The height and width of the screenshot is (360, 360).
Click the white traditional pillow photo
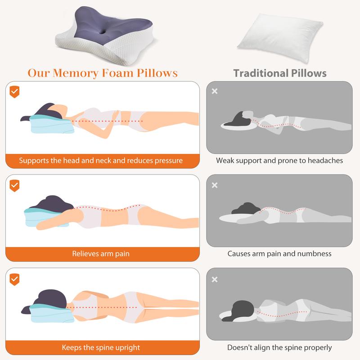(x=280, y=38)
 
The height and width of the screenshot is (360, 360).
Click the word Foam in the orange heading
(x=117, y=73)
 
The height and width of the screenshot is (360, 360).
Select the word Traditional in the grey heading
(x=261, y=73)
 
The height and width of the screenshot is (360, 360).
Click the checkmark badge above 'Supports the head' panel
(x=14, y=92)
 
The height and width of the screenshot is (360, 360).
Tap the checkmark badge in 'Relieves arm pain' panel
(x=14, y=185)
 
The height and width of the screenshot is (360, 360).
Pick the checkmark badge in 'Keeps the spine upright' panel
(x=14, y=279)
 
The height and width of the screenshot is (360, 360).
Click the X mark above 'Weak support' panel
(x=215, y=91)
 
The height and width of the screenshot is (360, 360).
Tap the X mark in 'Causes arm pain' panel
(x=215, y=185)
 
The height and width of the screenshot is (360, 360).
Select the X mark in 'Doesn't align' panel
(x=215, y=279)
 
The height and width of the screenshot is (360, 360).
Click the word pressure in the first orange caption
(x=168, y=161)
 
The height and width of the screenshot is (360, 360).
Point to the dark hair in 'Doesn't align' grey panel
(x=241, y=310)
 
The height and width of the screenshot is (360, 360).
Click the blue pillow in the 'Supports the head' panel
(x=52, y=125)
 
